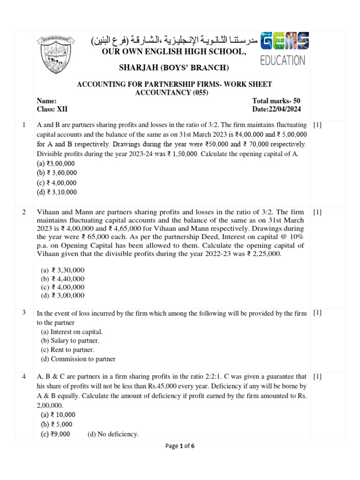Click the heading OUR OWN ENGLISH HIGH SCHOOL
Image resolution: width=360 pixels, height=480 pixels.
pos(173,51)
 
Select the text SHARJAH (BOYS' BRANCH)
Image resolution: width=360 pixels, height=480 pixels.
pos(173,68)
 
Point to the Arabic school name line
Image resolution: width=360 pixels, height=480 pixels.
pos(174,41)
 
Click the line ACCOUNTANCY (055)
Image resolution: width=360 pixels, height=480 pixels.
pos(174,92)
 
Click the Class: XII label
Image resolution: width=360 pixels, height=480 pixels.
pos(52,109)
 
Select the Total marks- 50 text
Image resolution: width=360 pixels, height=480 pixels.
pos(276,101)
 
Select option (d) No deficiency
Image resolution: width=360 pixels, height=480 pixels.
pos(113,434)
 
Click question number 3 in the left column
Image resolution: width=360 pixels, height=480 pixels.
pos(23,313)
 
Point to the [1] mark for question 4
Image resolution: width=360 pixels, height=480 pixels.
pos(317,376)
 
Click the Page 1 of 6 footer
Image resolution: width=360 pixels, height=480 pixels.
pos(180,446)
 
